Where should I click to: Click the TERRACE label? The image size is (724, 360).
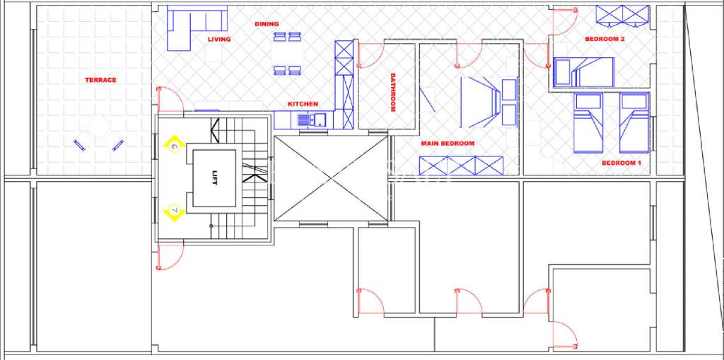[x=100, y=80]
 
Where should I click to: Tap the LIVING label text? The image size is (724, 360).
[x=219, y=40]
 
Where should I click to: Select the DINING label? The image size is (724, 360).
[x=267, y=24]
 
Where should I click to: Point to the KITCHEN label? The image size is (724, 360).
[x=303, y=104]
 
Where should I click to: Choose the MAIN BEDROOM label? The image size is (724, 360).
[x=448, y=143]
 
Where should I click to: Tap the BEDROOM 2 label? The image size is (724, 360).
[x=605, y=40]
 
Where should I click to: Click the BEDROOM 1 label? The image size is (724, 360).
[x=621, y=163]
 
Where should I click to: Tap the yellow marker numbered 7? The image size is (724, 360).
[x=173, y=210]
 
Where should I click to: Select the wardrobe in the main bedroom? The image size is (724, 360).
[x=460, y=165]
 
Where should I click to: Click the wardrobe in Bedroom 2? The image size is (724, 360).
[x=622, y=14]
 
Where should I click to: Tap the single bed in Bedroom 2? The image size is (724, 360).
[x=583, y=71]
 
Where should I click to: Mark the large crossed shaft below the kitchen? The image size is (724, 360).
[x=330, y=178]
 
